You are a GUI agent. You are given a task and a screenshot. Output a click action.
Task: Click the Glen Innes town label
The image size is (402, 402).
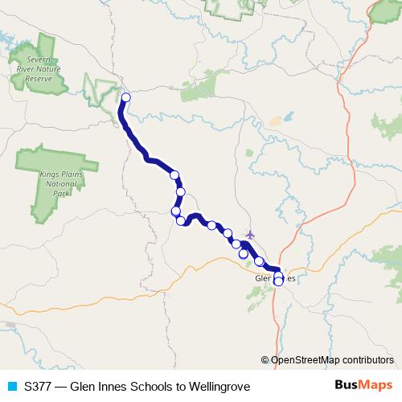(275, 278)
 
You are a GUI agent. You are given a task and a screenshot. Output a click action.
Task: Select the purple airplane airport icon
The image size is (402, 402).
(250, 235)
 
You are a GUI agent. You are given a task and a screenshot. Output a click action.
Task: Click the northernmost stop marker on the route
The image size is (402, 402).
(125, 98)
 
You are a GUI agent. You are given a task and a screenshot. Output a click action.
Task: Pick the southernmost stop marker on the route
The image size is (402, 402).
(278, 281)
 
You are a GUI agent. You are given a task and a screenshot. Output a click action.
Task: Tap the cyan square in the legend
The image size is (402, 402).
(10, 386)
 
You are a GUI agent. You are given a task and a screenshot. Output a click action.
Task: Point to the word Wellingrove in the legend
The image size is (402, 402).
(219, 386)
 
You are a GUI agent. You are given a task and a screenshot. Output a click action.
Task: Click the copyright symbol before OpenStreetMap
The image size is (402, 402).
(267, 359)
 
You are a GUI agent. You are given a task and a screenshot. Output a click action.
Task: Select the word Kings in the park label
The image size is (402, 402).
(47, 174)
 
